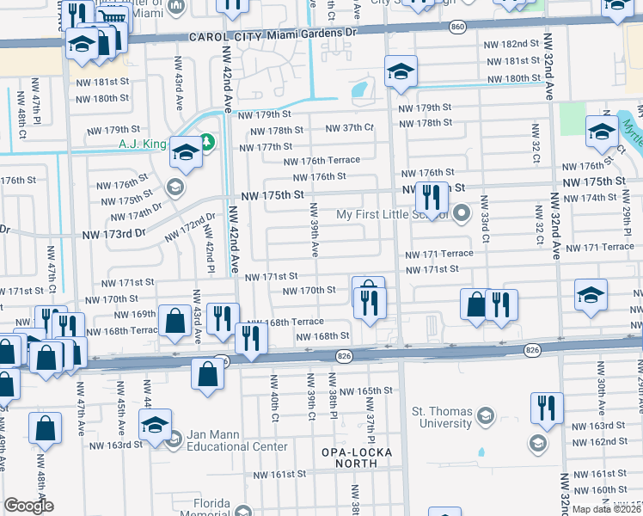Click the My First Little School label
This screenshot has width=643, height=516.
click(x=392, y=214)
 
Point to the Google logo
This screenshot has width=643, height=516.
click(x=28, y=506)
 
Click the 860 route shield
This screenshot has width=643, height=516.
click(x=456, y=28)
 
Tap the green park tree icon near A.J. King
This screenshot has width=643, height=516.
click(x=206, y=140)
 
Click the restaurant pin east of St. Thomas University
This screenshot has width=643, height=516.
click(x=547, y=409)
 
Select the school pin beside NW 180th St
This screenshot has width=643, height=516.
click(x=401, y=71)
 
